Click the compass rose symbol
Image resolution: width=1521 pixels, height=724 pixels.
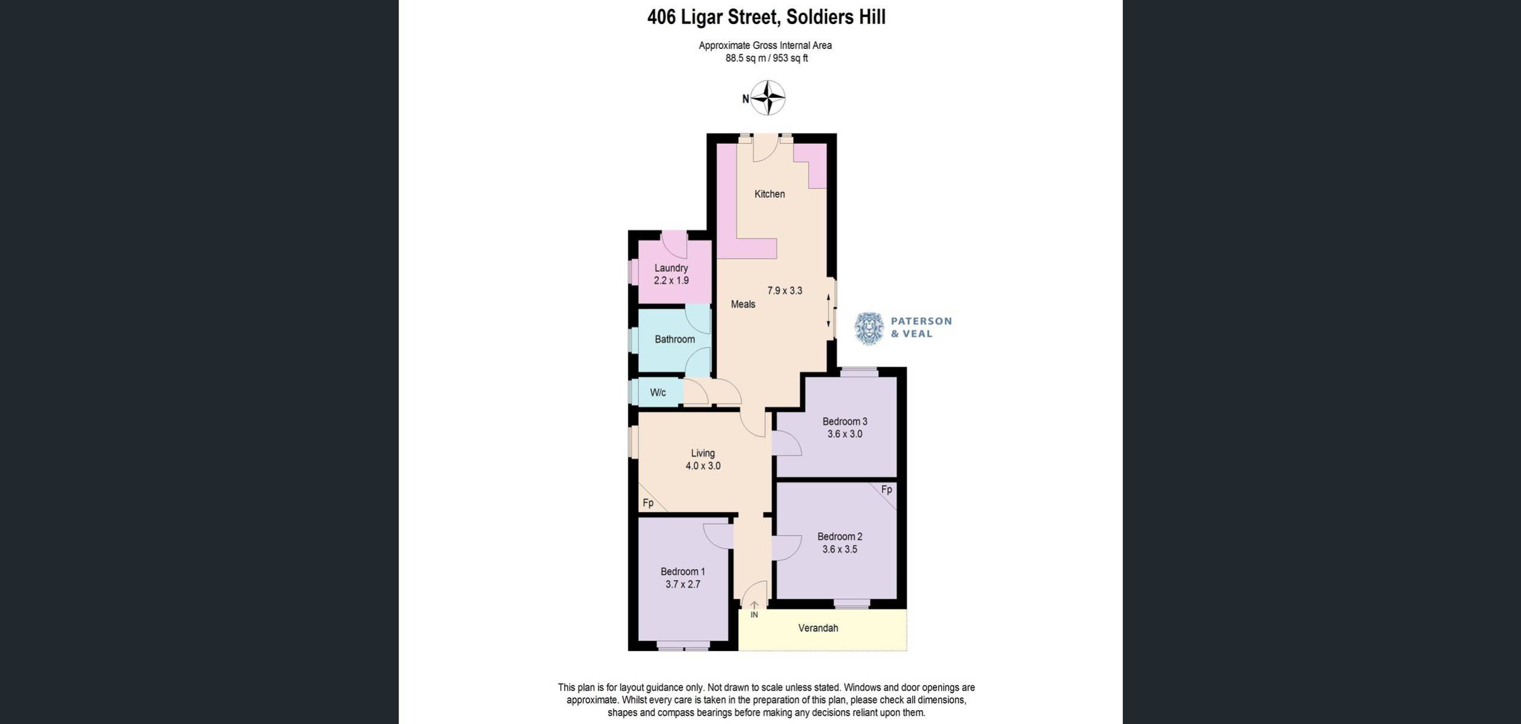(768, 98)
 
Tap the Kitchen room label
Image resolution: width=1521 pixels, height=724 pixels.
(770, 194)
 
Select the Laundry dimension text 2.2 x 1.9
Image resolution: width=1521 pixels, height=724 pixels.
(671, 281)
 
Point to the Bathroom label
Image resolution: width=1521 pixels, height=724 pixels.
(675, 339)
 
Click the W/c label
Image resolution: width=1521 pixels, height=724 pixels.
(658, 392)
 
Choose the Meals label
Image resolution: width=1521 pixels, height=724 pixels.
(743, 304)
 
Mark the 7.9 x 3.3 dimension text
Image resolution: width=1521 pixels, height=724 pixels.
(785, 290)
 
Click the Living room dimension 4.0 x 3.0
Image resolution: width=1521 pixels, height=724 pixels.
(703, 466)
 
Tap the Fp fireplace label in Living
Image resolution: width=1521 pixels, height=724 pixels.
(648, 503)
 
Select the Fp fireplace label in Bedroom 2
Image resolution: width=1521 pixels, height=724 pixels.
(886, 490)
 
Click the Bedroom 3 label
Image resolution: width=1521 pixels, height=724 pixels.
(844, 421)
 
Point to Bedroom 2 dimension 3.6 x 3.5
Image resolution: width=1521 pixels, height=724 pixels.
(840, 549)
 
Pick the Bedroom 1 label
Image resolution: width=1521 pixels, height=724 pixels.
(683, 572)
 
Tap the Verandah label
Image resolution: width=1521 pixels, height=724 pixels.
(818, 628)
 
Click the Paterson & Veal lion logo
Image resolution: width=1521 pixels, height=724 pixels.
(869, 328)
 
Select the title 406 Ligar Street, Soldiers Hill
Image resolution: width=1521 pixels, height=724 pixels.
(766, 17)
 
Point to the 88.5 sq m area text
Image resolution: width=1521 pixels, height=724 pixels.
(745, 59)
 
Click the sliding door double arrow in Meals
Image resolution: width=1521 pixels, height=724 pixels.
(828, 311)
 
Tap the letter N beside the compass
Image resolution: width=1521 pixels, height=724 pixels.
(745, 99)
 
